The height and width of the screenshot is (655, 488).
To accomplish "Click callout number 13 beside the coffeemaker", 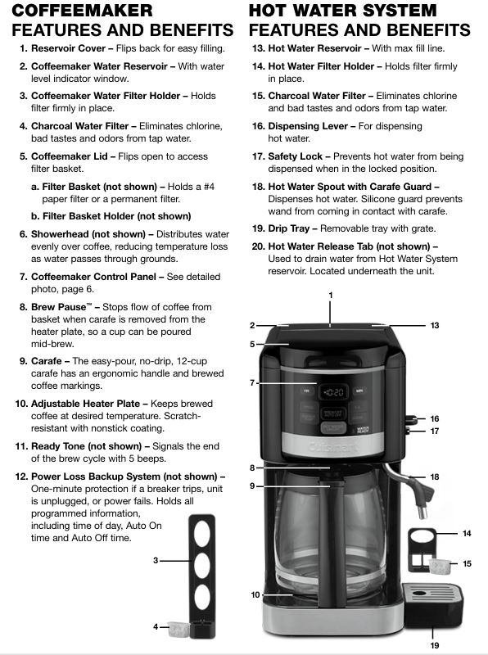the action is pyautogui.click(x=435, y=325).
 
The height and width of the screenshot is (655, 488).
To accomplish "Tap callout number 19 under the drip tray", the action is pyautogui.click(x=435, y=645).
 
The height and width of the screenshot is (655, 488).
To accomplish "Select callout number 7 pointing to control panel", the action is pyautogui.click(x=252, y=382).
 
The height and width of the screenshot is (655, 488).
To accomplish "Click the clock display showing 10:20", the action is pyautogui.click(x=333, y=392).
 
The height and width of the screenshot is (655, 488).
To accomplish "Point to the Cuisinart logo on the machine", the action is pyautogui.click(x=333, y=447).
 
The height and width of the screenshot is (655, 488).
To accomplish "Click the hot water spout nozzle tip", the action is pyautogui.click(x=423, y=513).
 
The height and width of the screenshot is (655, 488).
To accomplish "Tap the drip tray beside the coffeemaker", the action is pyautogui.click(x=433, y=605).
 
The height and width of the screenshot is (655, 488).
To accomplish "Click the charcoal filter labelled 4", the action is pyautogui.click(x=178, y=629).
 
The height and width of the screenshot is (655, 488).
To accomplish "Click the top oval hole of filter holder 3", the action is pyautogui.click(x=202, y=535).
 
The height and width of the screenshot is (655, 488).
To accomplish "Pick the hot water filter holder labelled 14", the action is pyautogui.click(x=422, y=549).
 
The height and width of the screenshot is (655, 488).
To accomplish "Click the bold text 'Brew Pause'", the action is pyautogui.click(x=58, y=307).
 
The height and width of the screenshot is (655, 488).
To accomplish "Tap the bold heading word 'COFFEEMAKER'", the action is pyautogui.click(x=82, y=11).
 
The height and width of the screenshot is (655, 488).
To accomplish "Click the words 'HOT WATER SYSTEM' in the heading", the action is pyautogui.click(x=342, y=11).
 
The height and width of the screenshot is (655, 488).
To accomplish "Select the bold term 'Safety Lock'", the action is pyautogui.click(x=295, y=156).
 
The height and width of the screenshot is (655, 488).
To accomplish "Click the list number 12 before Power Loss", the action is pyautogui.click(x=21, y=477).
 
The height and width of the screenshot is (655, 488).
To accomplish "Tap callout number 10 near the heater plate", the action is pyautogui.click(x=255, y=595).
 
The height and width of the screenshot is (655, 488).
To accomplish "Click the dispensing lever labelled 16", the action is pyautogui.click(x=412, y=419).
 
